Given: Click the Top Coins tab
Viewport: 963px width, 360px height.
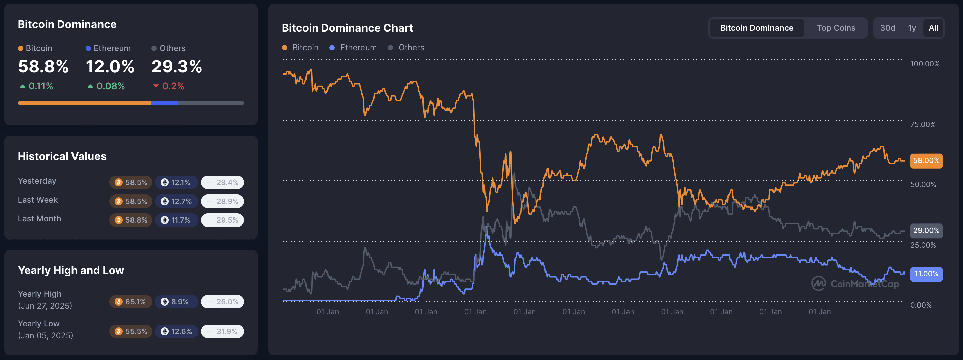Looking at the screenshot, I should [836, 28].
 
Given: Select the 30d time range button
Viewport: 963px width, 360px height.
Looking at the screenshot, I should [887, 28].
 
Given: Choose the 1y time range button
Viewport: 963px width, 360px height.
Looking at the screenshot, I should [912, 28].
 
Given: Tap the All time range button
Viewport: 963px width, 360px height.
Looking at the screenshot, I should [933, 28].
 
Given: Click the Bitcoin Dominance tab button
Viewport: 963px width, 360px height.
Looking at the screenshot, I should [756, 28].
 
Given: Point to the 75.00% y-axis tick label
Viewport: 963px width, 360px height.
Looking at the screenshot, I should [923, 124].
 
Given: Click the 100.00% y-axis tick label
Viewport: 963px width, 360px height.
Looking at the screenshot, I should [925, 64].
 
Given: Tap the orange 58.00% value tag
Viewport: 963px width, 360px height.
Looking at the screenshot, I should [926, 161].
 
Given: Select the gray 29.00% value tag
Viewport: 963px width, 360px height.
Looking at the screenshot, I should [926, 231].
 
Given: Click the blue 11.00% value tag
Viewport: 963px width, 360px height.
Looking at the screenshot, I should [926, 274].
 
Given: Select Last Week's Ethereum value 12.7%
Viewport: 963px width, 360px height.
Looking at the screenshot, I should [176, 202].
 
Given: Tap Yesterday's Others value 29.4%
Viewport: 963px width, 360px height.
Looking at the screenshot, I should [223, 182].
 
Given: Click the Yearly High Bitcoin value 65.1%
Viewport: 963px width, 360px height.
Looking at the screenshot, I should [130, 302].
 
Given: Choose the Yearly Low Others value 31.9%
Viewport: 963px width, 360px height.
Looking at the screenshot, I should [223, 332].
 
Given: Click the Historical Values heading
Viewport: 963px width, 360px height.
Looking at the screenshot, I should [62, 156].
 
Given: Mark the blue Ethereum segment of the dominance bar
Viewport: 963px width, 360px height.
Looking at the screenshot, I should [164, 103].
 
